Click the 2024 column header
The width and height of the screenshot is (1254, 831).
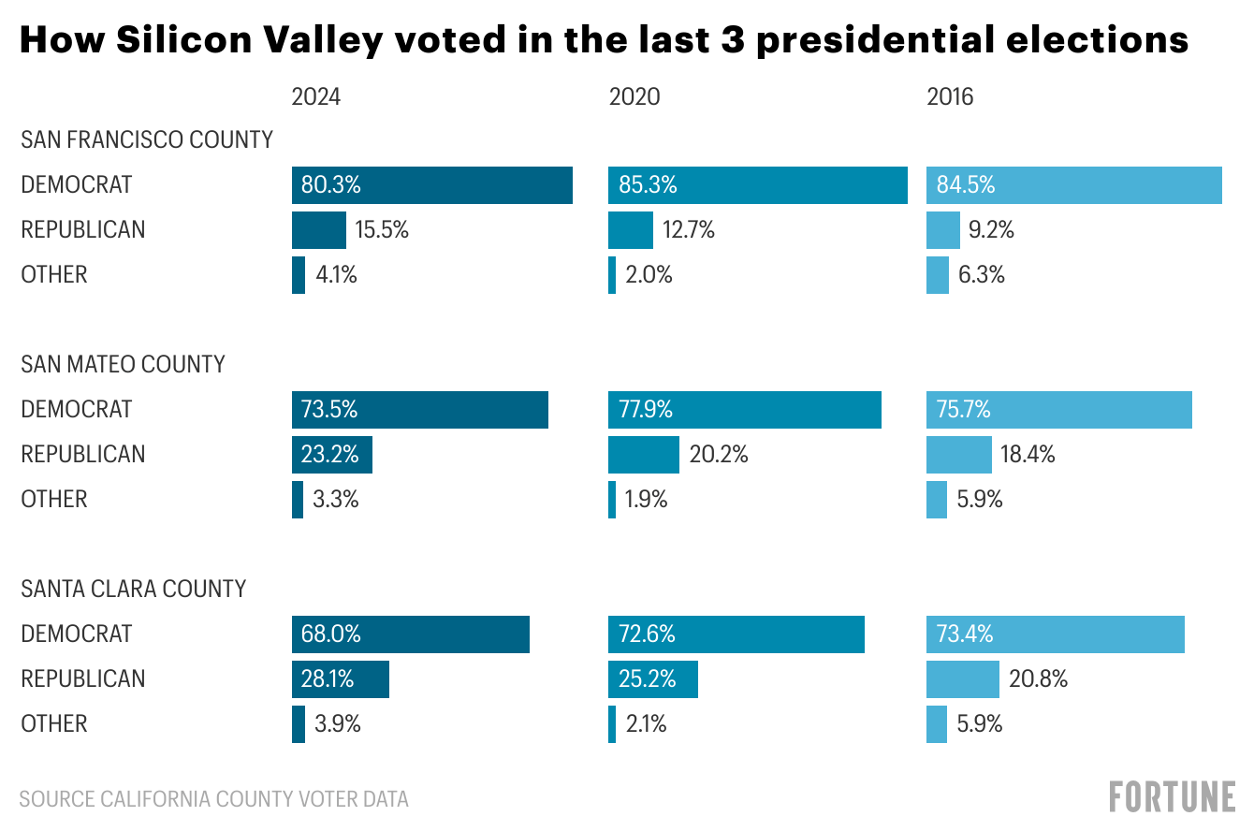(x=316, y=96)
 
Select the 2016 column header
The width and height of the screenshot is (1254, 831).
(x=950, y=96)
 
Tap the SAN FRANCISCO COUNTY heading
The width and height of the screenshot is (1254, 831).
(x=147, y=139)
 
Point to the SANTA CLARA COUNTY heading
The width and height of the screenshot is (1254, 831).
(x=134, y=589)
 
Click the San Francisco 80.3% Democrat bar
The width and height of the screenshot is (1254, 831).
(x=431, y=185)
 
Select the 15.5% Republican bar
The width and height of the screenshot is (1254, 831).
(x=318, y=230)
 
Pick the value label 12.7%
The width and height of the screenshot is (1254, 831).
(x=689, y=230)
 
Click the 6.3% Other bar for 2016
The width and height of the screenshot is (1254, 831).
(x=937, y=275)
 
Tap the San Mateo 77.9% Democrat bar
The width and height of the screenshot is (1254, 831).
(x=744, y=410)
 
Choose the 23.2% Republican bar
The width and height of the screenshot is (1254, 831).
(x=331, y=455)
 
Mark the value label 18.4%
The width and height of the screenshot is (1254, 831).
(x=1028, y=455)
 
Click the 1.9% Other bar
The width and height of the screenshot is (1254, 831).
(x=612, y=500)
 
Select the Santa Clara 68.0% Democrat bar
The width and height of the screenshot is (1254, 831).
(x=410, y=634)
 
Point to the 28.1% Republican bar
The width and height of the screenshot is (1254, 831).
(x=340, y=679)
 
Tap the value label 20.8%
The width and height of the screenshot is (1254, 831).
(x=1038, y=679)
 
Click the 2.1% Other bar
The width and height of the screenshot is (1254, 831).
(x=612, y=724)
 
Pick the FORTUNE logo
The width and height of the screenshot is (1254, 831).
(x=1172, y=797)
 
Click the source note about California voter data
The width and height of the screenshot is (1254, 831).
(x=214, y=799)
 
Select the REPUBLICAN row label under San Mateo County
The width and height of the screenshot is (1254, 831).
(x=83, y=455)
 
